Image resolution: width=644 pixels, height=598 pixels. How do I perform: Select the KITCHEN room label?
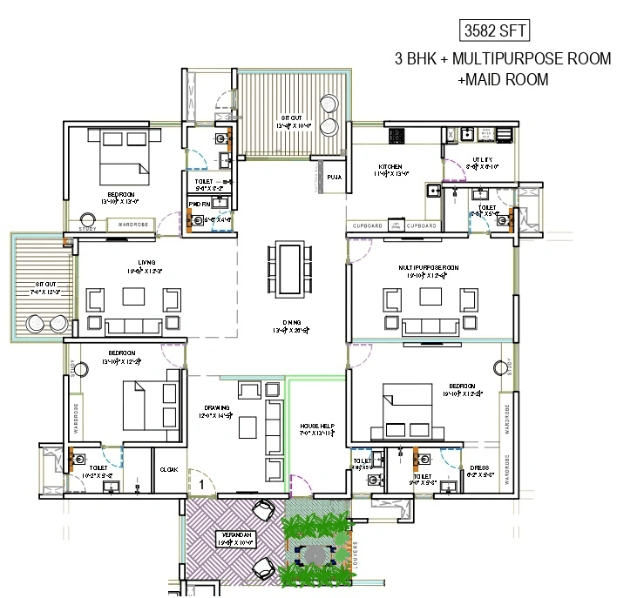(x=390, y=166)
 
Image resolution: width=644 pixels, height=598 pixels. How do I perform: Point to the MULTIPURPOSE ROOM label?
(x=430, y=267)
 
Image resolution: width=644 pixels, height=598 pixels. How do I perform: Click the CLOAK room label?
(x=169, y=469)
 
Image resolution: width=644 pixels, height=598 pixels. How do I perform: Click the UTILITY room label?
(x=482, y=159)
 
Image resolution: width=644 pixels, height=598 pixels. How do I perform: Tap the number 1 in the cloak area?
(x=200, y=481)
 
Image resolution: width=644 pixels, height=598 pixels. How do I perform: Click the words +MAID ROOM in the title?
(x=503, y=79)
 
